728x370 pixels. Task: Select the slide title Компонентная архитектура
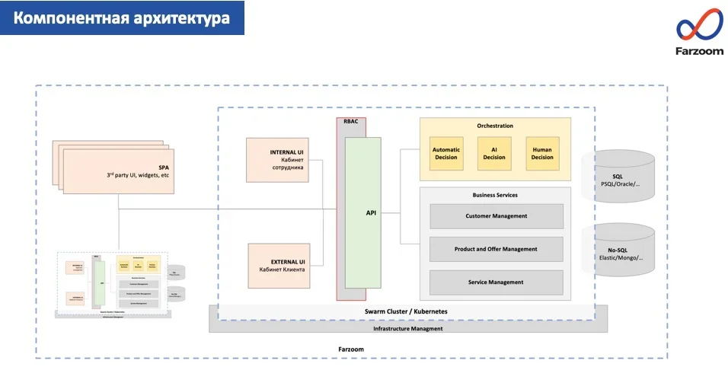point(122,18)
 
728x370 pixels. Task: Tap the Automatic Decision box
point(446,153)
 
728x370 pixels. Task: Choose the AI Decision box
point(494,153)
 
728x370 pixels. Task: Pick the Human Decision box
point(542,153)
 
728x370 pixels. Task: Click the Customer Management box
point(496,216)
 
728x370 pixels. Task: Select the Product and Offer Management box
point(496,249)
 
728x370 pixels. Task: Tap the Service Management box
point(496,282)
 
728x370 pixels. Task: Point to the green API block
point(362,213)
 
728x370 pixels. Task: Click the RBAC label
point(351,121)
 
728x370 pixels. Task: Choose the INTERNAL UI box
point(278,160)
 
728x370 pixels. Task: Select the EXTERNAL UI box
point(278,265)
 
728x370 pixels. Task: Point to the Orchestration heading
point(495,126)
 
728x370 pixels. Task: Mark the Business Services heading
point(495,195)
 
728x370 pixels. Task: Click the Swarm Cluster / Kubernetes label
point(406,311)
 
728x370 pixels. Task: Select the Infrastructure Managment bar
point(408,327)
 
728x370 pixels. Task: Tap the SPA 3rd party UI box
point(122,171)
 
